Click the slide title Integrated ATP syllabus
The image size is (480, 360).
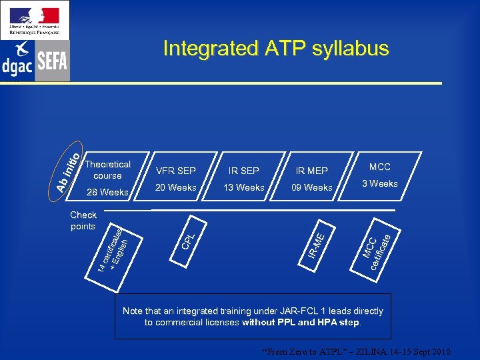(x=275, y=49)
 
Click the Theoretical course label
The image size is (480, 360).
(x=107, y=170)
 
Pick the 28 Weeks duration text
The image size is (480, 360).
(x=107, y=193)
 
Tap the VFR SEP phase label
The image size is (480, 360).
(x=175, y=171)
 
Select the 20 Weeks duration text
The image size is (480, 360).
(x=175, y=187)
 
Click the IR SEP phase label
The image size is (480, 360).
(x=243, y=171)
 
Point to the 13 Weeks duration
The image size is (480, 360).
(x=243, y=187)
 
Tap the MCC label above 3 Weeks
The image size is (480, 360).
(x=379, y=167)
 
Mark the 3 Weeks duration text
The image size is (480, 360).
(x=379, y=183)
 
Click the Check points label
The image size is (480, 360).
(x=83, y=220)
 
